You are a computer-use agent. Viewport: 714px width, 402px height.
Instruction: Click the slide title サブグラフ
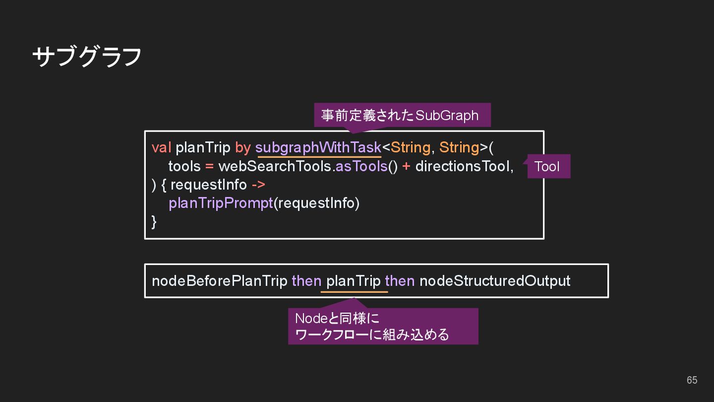point(87,56)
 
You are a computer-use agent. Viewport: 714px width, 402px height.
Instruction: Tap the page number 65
point(692,380)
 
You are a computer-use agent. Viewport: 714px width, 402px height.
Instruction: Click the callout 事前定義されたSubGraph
point(400,115)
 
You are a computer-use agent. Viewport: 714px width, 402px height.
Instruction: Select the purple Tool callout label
point(547,166)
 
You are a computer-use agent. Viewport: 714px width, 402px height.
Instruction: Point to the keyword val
point(161,147)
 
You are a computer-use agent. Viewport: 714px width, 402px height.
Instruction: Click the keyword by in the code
point(242,147)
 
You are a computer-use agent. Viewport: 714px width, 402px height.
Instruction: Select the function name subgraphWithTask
point(318,147)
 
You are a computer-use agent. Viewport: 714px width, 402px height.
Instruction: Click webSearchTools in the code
point(275,166)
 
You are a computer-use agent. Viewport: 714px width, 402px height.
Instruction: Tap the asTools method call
point(361,166)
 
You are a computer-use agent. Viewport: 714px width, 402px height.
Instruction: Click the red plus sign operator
point(406,166)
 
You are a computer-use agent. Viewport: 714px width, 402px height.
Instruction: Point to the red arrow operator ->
point(258,185)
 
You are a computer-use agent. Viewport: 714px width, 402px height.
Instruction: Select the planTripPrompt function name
point(221,203)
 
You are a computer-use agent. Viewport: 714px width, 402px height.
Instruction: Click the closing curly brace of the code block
point(154,221)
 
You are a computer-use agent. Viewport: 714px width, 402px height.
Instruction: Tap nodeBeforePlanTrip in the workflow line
point(219,281)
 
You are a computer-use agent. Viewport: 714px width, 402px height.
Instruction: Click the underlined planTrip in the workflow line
point(353,281)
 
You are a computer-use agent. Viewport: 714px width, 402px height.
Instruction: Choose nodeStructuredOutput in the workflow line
point(494,281)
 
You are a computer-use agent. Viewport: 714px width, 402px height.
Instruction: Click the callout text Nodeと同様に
point(337,318)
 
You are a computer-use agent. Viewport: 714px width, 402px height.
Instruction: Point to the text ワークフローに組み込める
point(372,335)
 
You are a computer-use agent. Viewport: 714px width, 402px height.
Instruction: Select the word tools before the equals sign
point(184,166)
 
